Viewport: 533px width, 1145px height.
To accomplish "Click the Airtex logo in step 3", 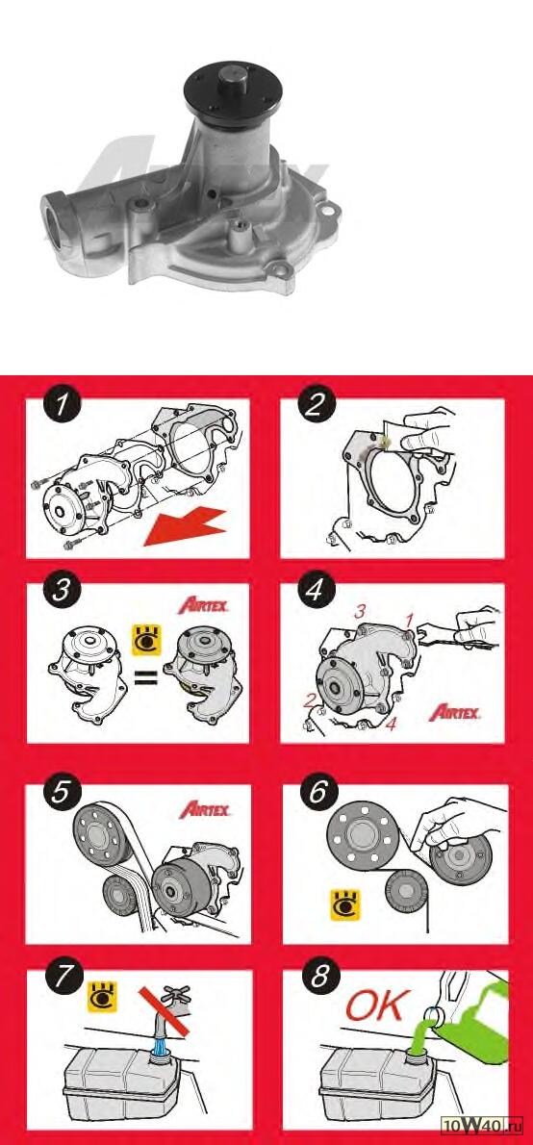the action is [204, 605].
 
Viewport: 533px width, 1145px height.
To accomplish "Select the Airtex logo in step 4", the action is [454, 712].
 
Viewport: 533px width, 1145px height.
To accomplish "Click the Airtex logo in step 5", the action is [205, 809].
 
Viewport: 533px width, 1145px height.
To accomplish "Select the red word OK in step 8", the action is [374, 1006].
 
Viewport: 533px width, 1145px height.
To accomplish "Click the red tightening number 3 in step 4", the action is [359, 612].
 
